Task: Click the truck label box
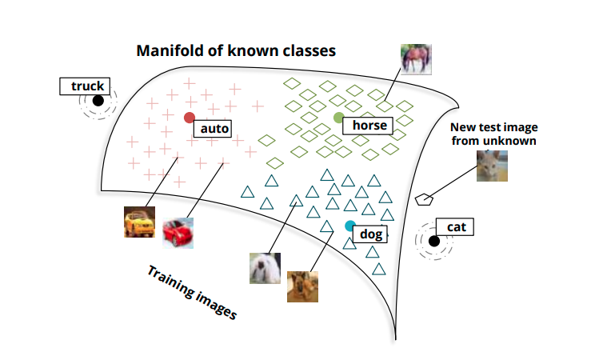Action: pos(87,86)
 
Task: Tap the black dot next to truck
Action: pos(98,101)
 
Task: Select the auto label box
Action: pos(214,128)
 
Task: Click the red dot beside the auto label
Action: pos(190,118)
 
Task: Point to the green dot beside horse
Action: pos(338,118)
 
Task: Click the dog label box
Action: pos(371,234)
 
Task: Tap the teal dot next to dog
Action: pos(349,226)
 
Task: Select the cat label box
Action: pos(456,227)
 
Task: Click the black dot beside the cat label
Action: pos(433,241)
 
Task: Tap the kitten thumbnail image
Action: pos(492,166)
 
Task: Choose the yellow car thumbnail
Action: pos(139,222)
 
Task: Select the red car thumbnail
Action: pos(178,232)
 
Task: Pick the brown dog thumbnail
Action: pos(303,286)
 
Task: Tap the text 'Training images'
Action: pos(192,292)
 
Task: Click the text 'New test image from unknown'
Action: pos(493,134)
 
